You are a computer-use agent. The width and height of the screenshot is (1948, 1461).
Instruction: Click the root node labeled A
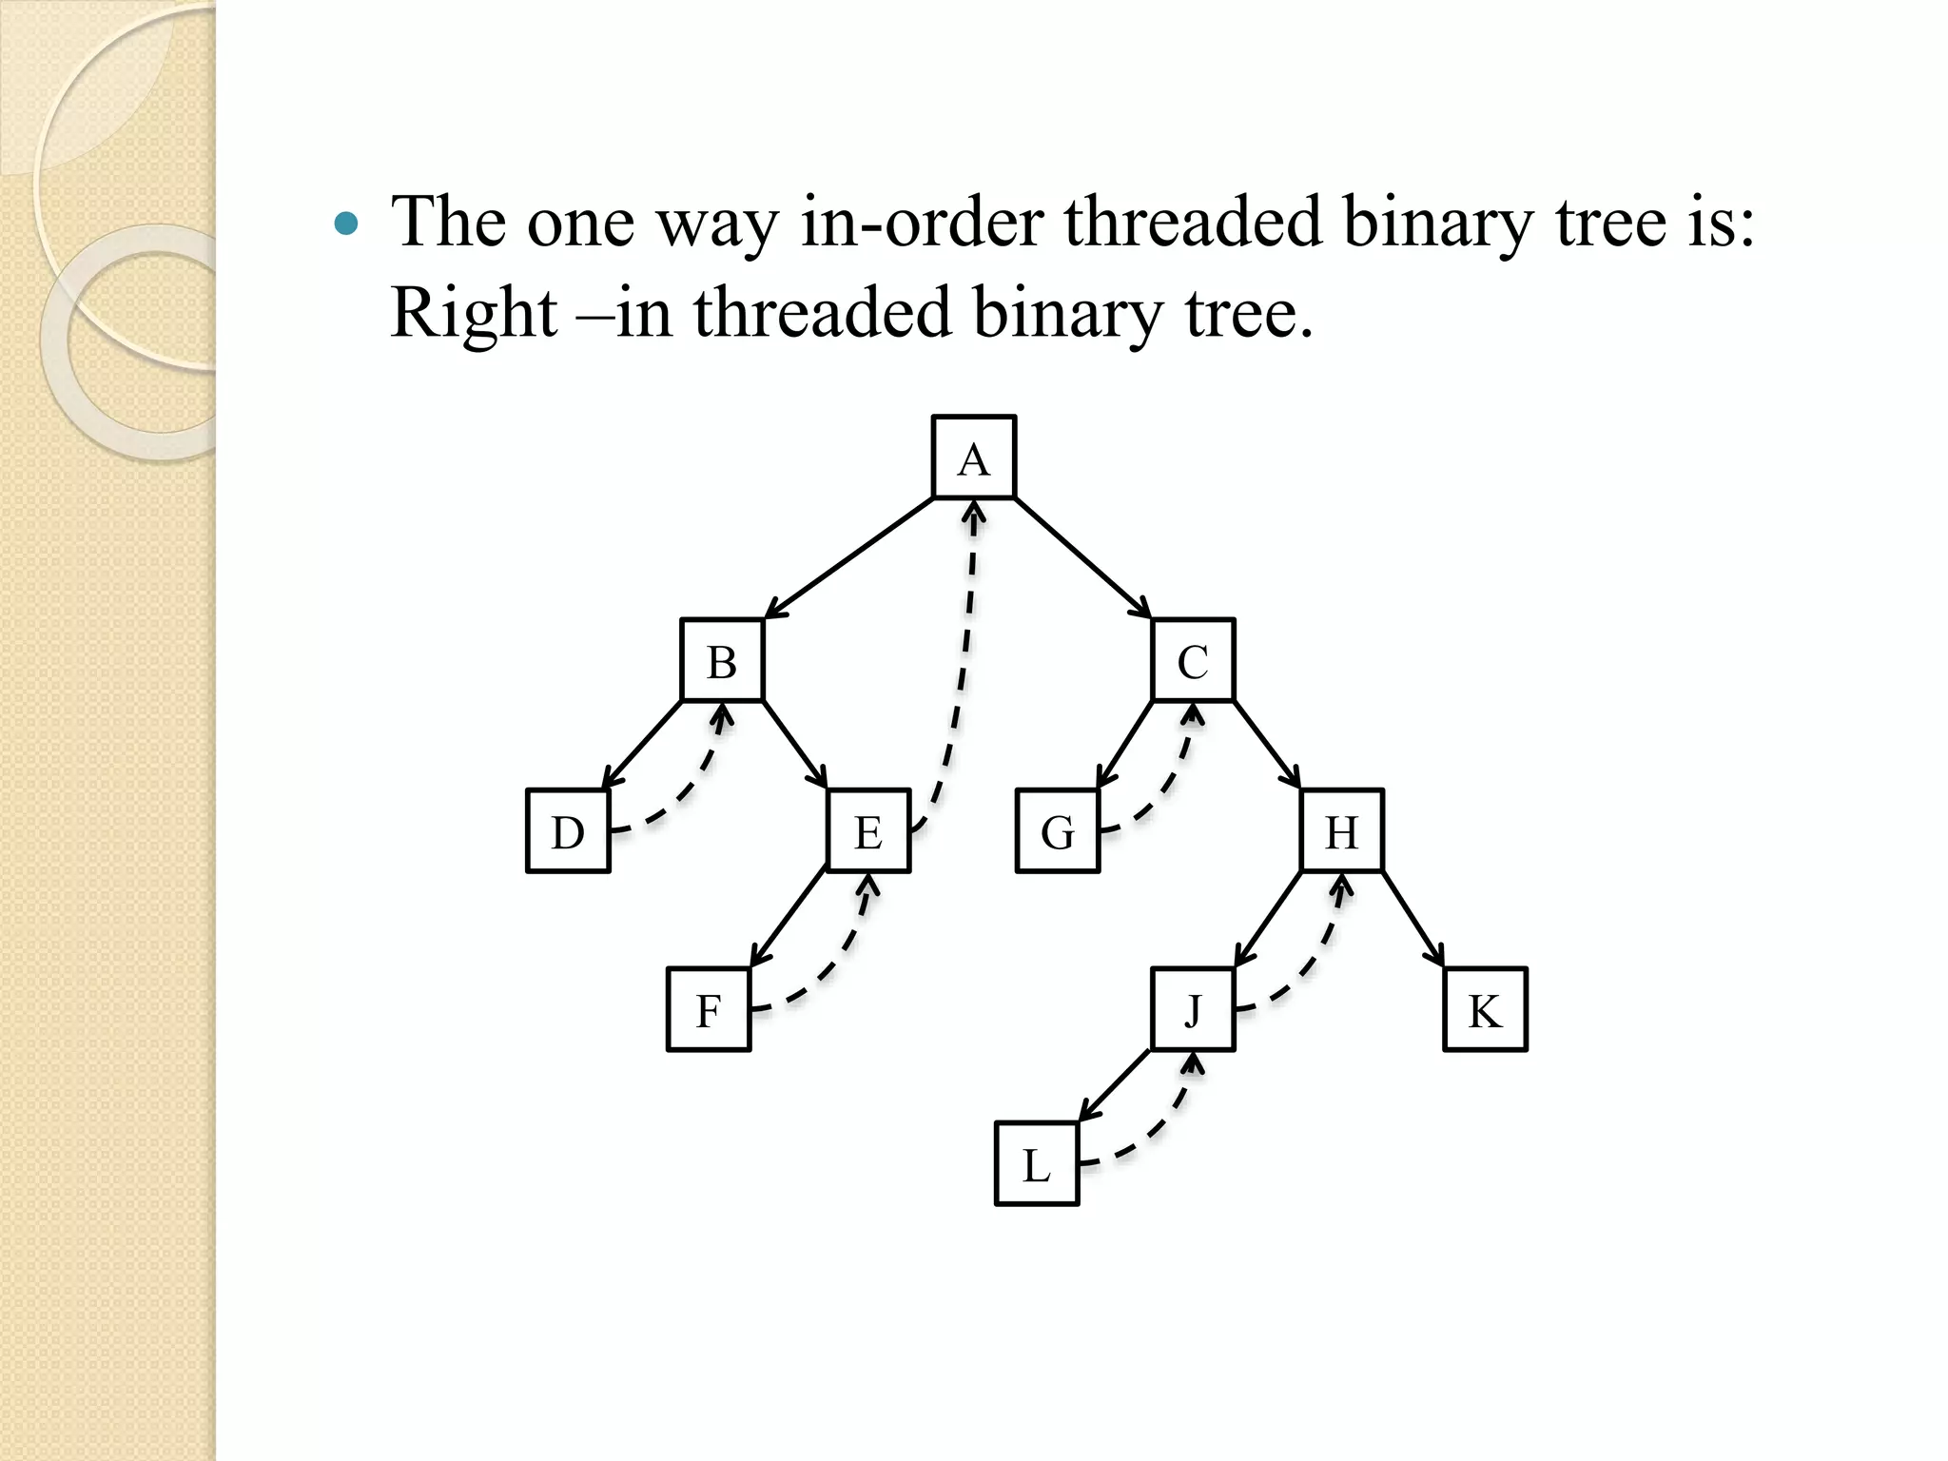tap(973, 458)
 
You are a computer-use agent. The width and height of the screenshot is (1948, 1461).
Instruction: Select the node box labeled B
tap(722, 660)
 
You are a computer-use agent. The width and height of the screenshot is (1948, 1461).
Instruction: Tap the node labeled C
tap(1193, 660)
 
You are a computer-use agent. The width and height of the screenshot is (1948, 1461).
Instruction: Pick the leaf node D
tap(568, 830)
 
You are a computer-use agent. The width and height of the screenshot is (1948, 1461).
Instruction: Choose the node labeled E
tap(867, 830)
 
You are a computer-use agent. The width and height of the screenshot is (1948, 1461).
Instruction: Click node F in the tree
tap(709, 1009)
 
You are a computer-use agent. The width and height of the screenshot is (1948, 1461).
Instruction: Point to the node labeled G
tap(1058, 830)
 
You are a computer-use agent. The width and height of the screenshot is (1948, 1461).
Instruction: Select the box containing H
tap(1341, 830)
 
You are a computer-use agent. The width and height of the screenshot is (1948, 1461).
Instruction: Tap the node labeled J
tap(1193, 1009)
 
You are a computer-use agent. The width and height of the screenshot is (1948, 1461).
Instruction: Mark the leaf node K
tap(1485, 1009)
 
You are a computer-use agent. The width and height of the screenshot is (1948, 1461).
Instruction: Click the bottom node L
tap(1037, 1163)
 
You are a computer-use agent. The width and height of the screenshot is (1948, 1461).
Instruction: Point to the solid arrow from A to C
tap(1081, 557)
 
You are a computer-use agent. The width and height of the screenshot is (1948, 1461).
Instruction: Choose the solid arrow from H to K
tap(1412, 919)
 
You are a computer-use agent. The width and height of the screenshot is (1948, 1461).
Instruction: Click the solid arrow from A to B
tap(849, 557)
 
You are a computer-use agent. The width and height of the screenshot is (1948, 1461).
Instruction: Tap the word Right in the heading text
tap(473, 312)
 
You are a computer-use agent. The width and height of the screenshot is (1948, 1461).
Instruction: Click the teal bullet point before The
tap(347, 224)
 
